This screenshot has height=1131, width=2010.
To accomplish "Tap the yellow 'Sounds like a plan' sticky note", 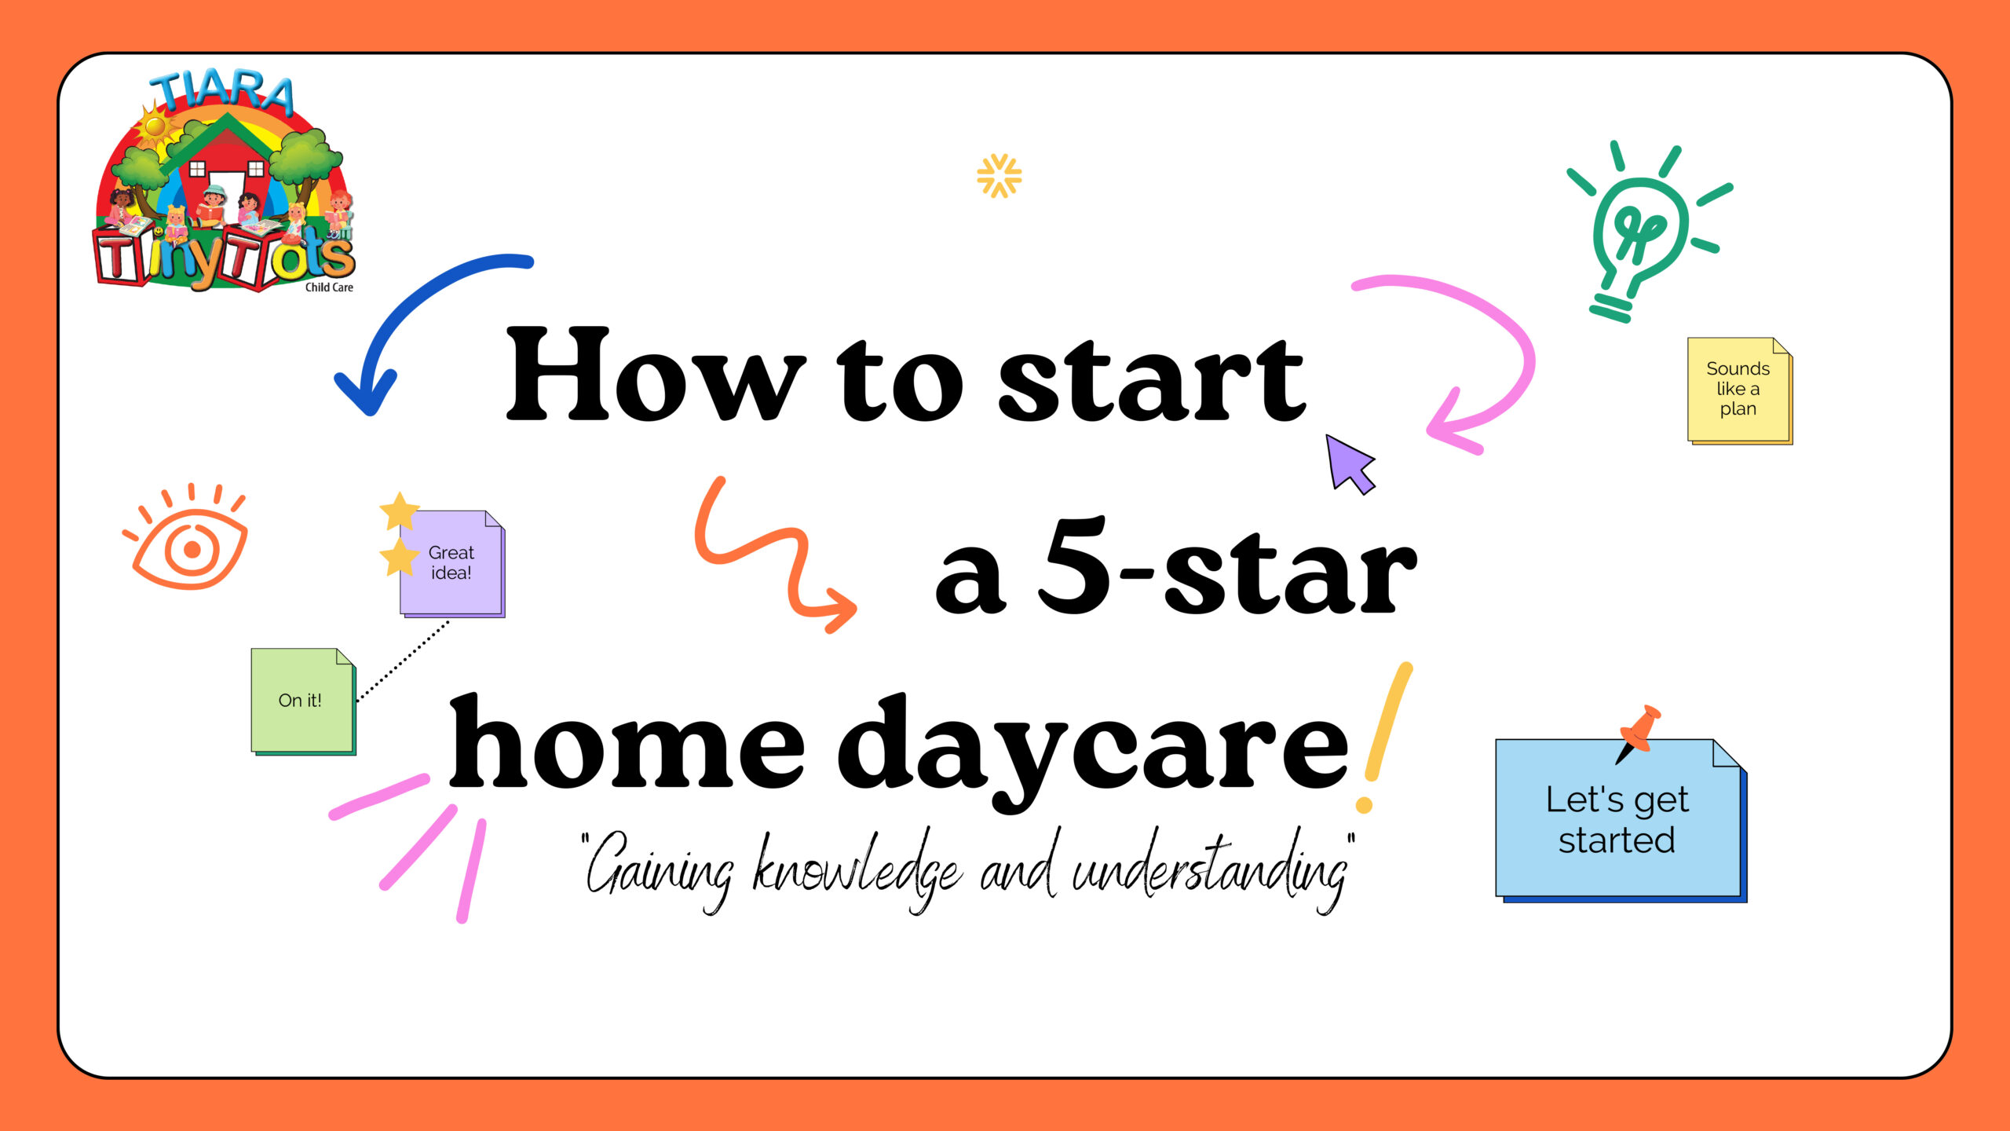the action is [x=1740, y=390].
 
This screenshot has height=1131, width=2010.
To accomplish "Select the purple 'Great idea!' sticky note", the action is [x=452, y=564].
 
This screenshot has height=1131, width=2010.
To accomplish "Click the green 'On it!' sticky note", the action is [x=303, y=701].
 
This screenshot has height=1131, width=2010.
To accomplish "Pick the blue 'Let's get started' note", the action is [x=1621, y=820].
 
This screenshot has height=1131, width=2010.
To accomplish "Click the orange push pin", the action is [x=1639, y=732].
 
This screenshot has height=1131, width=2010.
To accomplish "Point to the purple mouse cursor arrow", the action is [x=1349, y=464].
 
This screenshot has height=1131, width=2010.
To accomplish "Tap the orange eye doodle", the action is [x=187, y=538].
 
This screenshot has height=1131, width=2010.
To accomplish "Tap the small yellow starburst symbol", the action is [x=999, y=175].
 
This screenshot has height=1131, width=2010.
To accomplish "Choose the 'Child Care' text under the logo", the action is [x=329, y=287].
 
